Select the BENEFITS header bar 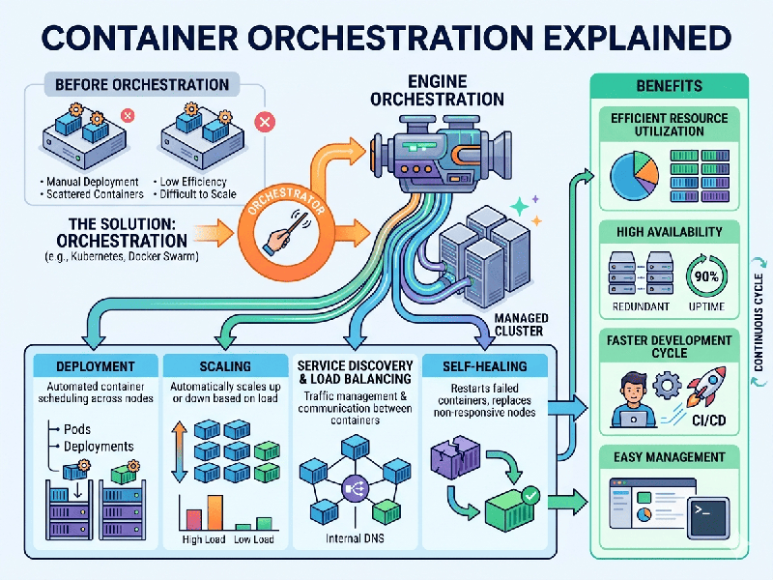(x=670, y=86)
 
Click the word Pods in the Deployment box (x=77, y=428)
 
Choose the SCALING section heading (x=224, y=366)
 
